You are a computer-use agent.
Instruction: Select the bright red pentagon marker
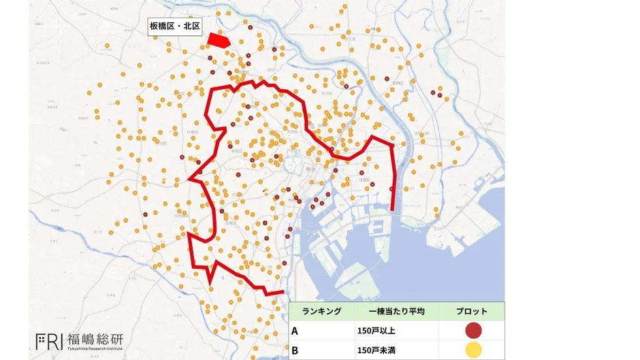tap(219, 40)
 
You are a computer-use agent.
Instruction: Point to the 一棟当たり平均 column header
tap(396, 311)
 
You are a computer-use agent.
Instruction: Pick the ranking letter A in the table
tap(295, 331)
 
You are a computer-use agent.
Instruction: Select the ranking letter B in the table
tap(295, 350)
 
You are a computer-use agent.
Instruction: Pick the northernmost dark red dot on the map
tap(251, 28)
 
